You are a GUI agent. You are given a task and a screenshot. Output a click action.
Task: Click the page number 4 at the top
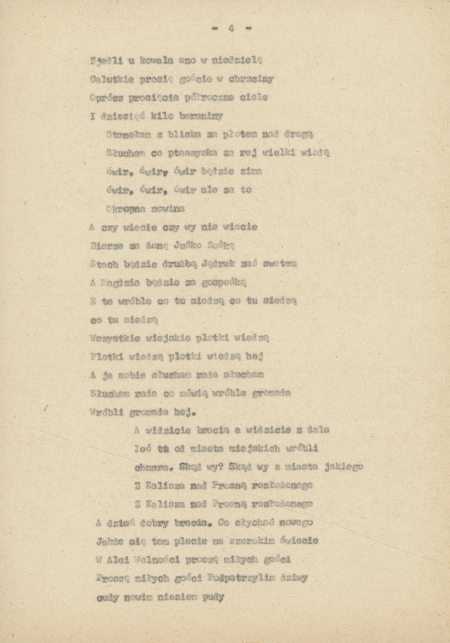[231, 28]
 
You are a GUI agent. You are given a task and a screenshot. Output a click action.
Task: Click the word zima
[251, 171]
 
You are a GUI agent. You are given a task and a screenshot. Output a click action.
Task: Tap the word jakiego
[344, 466]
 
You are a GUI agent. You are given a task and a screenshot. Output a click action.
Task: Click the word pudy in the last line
[213, 597]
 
